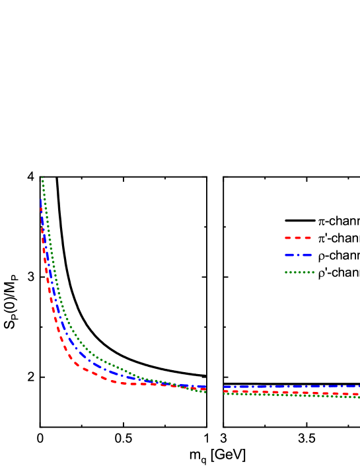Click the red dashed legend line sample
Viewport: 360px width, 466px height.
point(298,238)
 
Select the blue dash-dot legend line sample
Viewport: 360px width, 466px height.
point(298,255)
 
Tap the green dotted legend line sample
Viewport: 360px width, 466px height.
point(299,272)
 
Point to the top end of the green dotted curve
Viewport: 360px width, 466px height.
point(42,178)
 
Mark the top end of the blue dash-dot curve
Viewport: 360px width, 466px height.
point(41,200)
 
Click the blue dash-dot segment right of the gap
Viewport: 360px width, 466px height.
point(291,386)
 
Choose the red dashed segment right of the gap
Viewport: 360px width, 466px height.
point(291,393)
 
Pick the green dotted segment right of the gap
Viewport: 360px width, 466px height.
point(291,395)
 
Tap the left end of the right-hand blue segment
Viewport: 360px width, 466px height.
point(224,387)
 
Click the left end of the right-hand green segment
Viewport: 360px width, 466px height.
point(224,393)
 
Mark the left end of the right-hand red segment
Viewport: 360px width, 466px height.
point(224,391)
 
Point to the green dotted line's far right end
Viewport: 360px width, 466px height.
point(359,397)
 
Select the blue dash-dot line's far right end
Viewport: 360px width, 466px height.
point(359,386)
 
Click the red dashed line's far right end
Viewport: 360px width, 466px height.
point(359,395)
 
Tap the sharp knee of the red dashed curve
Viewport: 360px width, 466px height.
point(75,362)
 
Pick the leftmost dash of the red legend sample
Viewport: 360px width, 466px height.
point(288,238)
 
